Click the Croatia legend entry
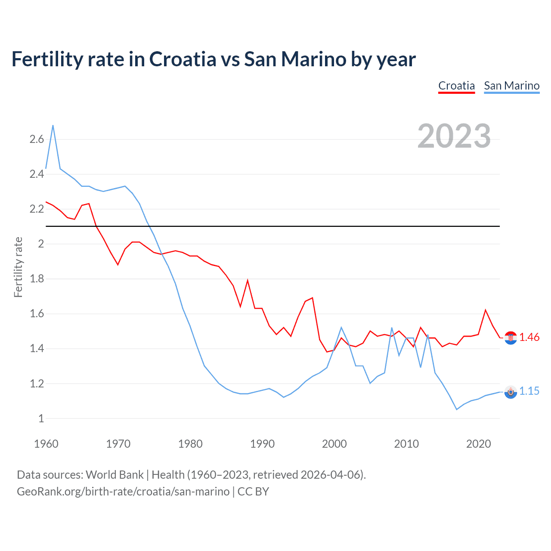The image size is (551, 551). (456, 86)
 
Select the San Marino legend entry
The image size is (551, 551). (511, 86)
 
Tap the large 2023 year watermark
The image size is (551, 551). (454, 136)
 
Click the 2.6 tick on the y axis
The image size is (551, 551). (37, 139)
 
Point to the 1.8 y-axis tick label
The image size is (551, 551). (37, 279)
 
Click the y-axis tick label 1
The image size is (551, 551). (41, 418)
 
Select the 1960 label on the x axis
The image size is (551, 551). (46, 444)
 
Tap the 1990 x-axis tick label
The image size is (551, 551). (262, 444)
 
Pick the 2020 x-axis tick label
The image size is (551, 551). (478, 444)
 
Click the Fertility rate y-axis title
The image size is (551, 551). (18, 267)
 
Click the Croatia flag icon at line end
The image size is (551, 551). (511, 338)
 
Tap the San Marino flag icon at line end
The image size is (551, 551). (511, 392)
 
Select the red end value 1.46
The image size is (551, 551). (529, 337)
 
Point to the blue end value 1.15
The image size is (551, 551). (529, 391)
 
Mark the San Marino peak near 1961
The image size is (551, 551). (53, 125)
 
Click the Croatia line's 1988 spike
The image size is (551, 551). (248, 280)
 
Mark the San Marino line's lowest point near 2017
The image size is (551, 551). (457, 409)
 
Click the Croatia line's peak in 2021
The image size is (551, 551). (486, 310)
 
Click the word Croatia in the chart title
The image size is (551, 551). (183, 59)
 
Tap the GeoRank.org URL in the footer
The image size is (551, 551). (123, 492)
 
